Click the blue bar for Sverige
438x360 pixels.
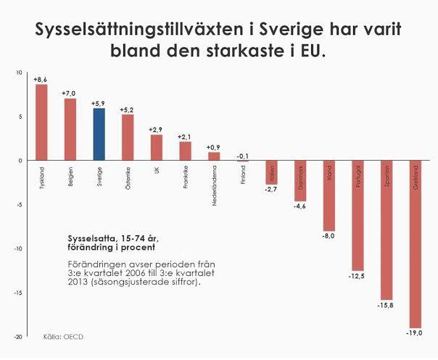pos(99,134)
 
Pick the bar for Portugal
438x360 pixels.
pos(358,215)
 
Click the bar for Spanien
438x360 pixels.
pos(387,230)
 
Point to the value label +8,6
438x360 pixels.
pos(41,78)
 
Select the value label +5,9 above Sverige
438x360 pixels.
pos(99,103)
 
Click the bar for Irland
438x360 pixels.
pos(329,196)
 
